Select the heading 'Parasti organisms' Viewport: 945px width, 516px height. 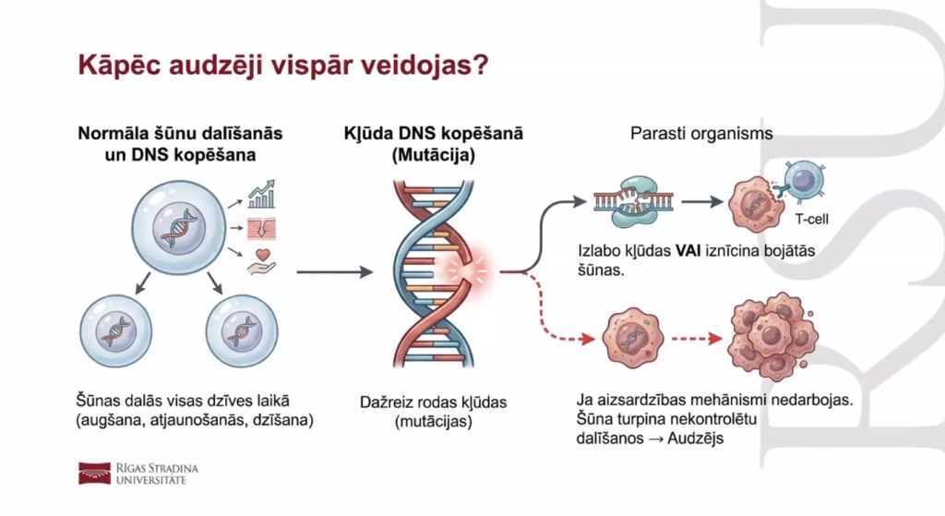pyautogui.click(x=701, y=134)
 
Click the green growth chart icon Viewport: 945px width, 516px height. pyautogui.click(x=262, y=195)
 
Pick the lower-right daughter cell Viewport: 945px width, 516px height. pyautogui.click(x=242, y=330)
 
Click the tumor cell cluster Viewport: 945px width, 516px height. pyautogui.click(x=771, y=337)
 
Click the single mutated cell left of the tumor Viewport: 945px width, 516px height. pyautogui.click(x=632, y=339)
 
